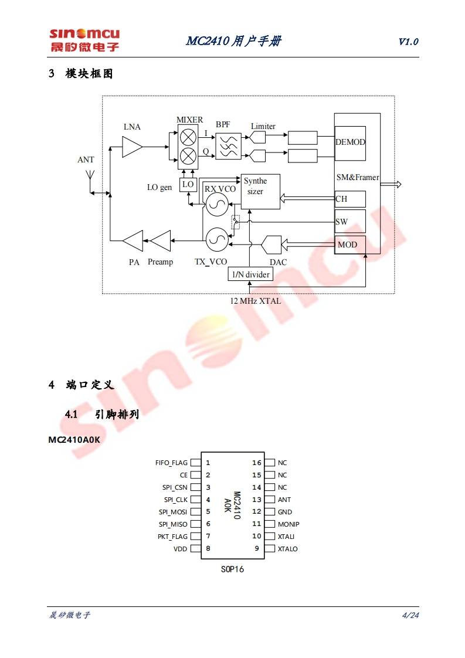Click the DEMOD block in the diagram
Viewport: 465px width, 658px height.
coord(350,143)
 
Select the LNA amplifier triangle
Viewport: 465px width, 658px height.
coord(132,147)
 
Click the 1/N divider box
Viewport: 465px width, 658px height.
coord(250,274)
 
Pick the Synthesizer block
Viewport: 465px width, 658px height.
coord(260,191)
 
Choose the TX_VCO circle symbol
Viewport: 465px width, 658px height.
coord(216,238)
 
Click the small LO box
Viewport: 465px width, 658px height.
coord(188,184)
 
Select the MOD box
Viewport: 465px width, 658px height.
coord(350,244)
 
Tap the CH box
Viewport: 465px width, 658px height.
coord(350,199)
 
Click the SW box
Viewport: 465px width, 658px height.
coord(350,221)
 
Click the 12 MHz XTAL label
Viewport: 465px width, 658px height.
coord(256,301)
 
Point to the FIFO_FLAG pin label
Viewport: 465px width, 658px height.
coord(171,463)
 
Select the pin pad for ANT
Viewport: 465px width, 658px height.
coord(270,500)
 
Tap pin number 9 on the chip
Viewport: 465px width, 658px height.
coord(257,549)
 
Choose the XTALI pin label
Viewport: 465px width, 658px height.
coord(286,537)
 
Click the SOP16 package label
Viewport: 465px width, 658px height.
coord(233,569)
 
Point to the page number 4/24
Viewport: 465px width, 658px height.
coord(410,615)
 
